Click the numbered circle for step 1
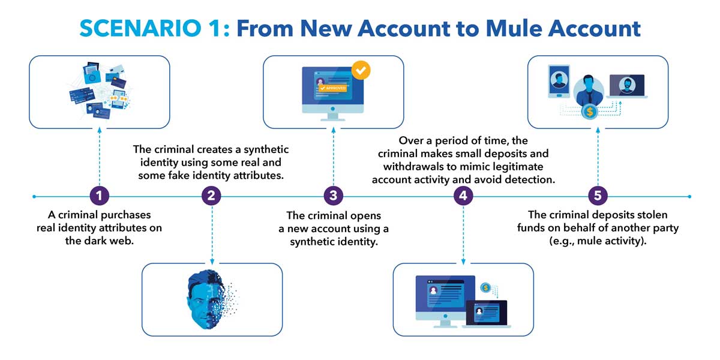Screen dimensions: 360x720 (99, 196)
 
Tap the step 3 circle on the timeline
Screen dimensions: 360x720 (333, 196)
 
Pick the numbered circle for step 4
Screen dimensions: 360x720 (462, 196)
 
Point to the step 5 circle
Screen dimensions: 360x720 (597, 196)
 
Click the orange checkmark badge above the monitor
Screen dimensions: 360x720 (361, 70)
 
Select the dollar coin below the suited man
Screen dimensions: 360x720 (590, 111)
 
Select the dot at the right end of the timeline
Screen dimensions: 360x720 (691, 196)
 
